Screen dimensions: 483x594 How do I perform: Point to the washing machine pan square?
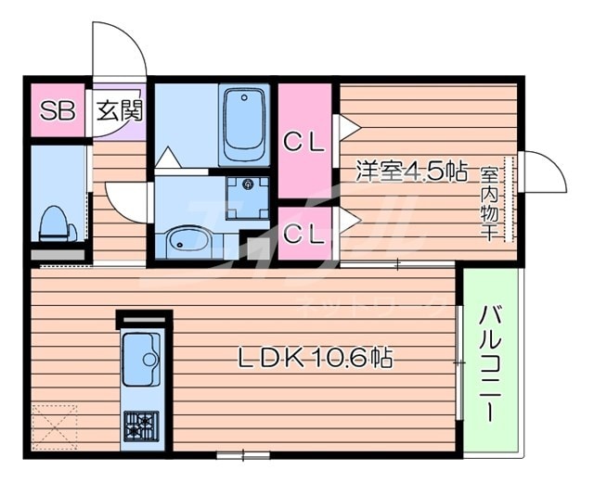248,196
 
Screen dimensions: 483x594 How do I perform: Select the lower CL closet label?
303,233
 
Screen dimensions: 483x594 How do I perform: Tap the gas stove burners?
142,425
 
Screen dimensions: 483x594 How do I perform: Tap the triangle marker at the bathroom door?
168,159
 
